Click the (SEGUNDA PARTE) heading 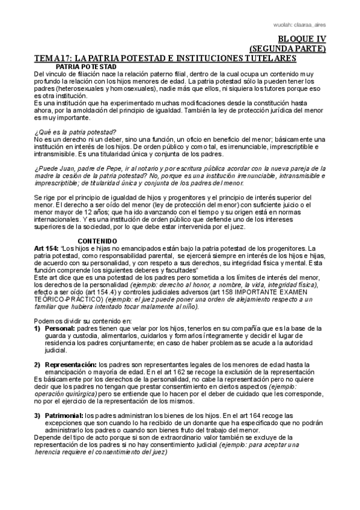287,49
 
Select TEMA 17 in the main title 56,58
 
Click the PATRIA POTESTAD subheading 86,66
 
